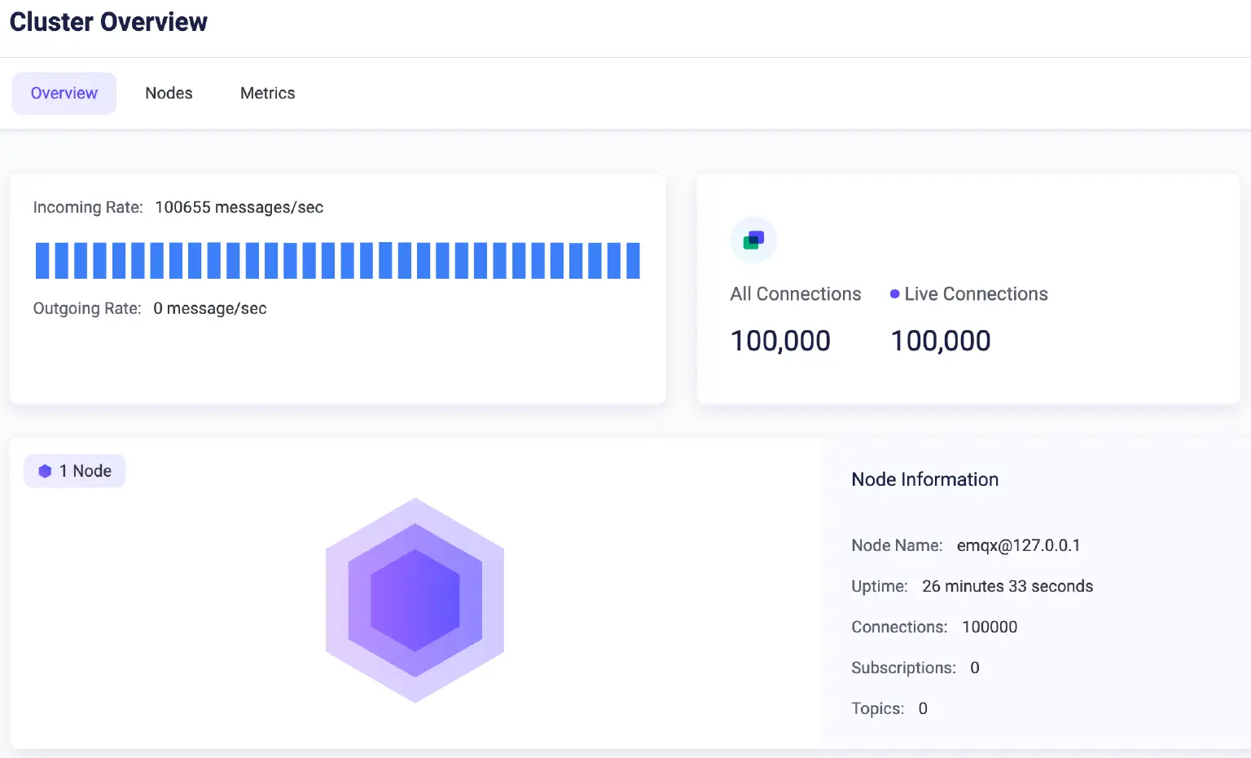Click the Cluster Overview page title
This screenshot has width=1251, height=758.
pyautogui.click(x=108, y=22)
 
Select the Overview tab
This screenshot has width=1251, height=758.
pyautogui.click(x=64, y=93)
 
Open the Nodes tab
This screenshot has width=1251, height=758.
pyautogui.click(x=169, y=93)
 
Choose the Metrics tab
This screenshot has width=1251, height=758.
pyautogui.click(x=267, y=93)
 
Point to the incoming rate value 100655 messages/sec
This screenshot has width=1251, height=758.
pyautogui.click(x=239, y=207)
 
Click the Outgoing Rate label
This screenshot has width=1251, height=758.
pyautogui.click(x=86, y=308)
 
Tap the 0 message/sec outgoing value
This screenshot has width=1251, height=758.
pyautogui.click(x=210, y=308)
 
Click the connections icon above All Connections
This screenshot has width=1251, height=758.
pyautogui.click(x=753, y=240)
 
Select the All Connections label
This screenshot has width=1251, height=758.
pyautogui.click(x=795, y=293)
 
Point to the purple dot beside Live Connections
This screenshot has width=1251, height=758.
pyautogui.click(x=894, y=294)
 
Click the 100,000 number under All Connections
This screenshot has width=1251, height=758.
pyautogui.click(x=780, y=341)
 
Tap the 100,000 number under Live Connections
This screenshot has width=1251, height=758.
pyautogui.click(x=941, y=341)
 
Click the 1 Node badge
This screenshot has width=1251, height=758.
pyautogui.click(x=75, y=471)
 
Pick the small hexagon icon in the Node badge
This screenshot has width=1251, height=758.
pyautogui.click(x=45, y=471)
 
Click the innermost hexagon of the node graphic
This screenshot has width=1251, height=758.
pyautogui.click(x=415, y=600)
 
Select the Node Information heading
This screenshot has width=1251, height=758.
pyautogui.click(x=924, y=479)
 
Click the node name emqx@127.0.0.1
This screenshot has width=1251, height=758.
pyautogui.click(x=1018, y=545)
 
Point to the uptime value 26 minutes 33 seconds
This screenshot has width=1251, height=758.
pyautogui.click(x=1007, y=586)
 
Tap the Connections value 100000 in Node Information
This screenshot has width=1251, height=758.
pyautogui.click(x=990, y=627)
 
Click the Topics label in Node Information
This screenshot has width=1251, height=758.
pyautogui.click(x=877, y=708)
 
